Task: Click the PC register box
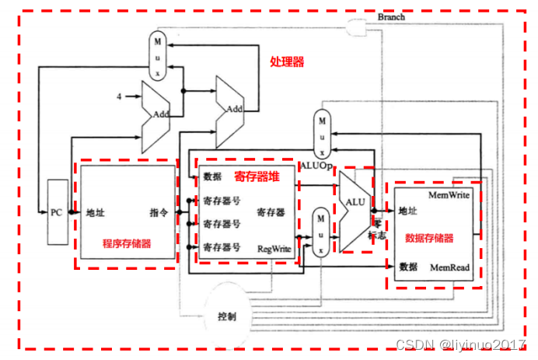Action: click(56, 211)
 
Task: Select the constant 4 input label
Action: click(119, 97)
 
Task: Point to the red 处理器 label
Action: click(287, 61)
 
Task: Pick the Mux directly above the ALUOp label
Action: click(322, 132)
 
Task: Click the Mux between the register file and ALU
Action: click(319, 231)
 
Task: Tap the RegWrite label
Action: click(274, 249)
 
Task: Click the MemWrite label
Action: click(449, 194)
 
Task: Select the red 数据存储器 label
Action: click(429, 238)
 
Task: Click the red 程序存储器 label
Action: click(127, 244)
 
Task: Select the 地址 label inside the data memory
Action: click(409, 211)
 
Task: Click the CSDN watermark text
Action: click(460, 344)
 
